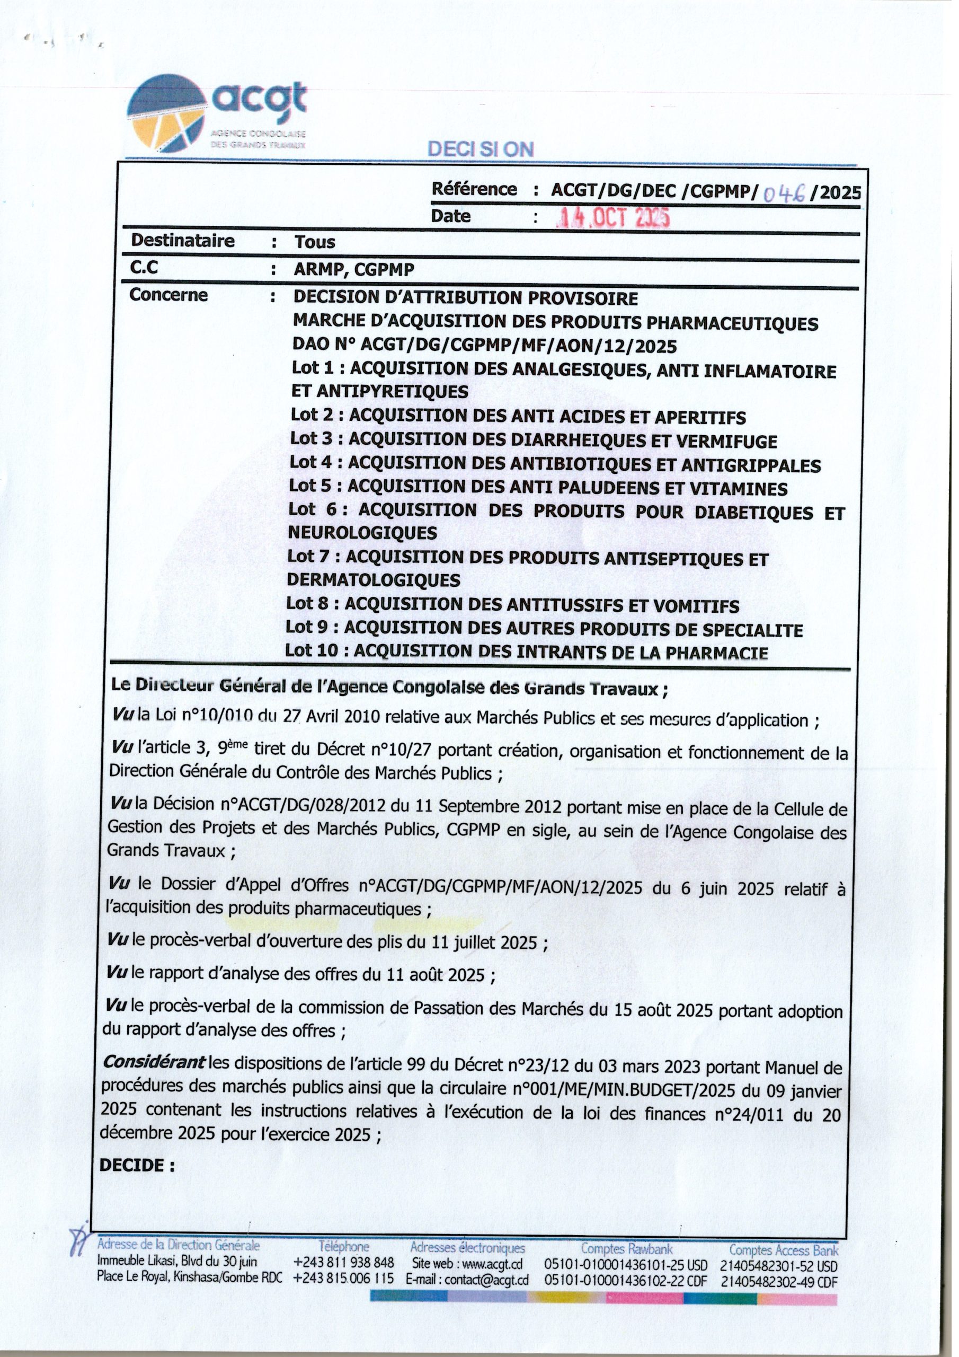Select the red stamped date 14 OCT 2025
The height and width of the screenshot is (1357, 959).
point(614,219)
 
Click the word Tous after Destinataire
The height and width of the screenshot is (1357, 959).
point(315,242)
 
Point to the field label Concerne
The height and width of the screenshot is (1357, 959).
point(168,295)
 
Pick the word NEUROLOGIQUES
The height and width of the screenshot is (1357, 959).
point(362,533)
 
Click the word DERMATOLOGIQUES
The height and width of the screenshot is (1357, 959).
point(374,580)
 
